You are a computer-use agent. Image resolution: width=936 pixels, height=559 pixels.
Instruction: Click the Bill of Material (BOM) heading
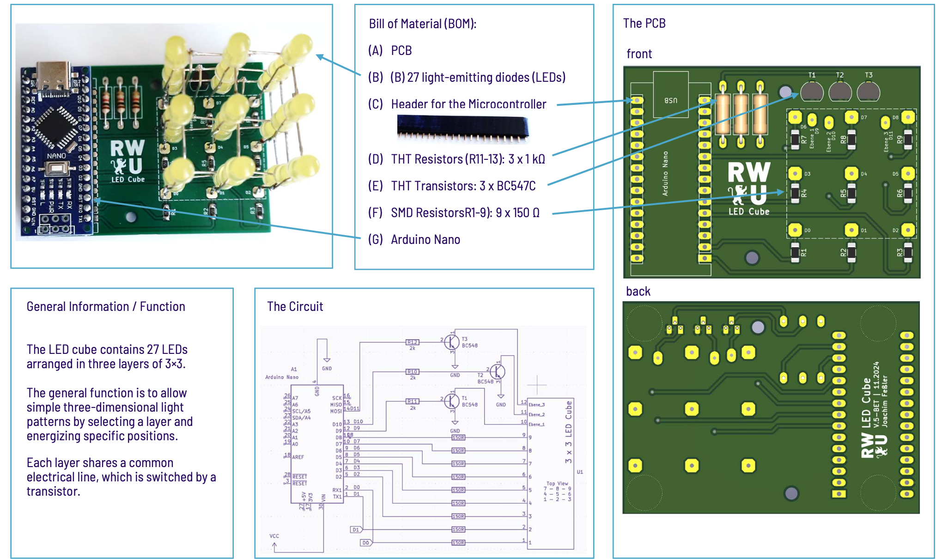coord(422,24)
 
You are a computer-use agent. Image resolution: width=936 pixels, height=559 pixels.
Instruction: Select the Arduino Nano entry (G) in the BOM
coord(425,239)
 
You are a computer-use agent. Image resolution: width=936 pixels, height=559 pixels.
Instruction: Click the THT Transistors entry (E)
coord(463,186)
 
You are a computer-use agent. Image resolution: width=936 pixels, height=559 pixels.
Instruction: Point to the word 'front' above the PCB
coord(639,54)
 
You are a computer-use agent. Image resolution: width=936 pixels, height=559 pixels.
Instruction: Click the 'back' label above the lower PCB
coord(638,292)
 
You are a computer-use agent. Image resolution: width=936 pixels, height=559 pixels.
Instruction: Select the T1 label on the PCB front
coord(812,75)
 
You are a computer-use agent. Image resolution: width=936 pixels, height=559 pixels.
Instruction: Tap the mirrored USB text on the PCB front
coord(670,100)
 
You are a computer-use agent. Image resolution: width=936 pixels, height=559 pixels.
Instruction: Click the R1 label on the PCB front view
coord(804,252)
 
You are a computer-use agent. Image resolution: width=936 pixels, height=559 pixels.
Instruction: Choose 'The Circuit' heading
coord(295,306)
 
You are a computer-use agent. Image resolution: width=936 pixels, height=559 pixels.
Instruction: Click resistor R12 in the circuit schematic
coord(412,342)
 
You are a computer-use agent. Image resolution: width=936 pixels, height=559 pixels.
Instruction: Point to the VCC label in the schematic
coord(274,536)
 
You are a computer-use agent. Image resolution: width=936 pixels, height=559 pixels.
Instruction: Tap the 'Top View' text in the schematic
coord(557,483)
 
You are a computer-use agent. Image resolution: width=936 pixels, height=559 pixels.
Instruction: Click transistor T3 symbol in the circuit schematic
coord(452,342)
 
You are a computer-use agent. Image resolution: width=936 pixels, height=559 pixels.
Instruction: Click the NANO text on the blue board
coord(56,156)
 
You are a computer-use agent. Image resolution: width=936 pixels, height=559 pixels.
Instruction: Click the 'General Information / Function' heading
coord(106,306)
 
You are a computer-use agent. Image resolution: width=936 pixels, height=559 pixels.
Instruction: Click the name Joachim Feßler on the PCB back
coord(884,401)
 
